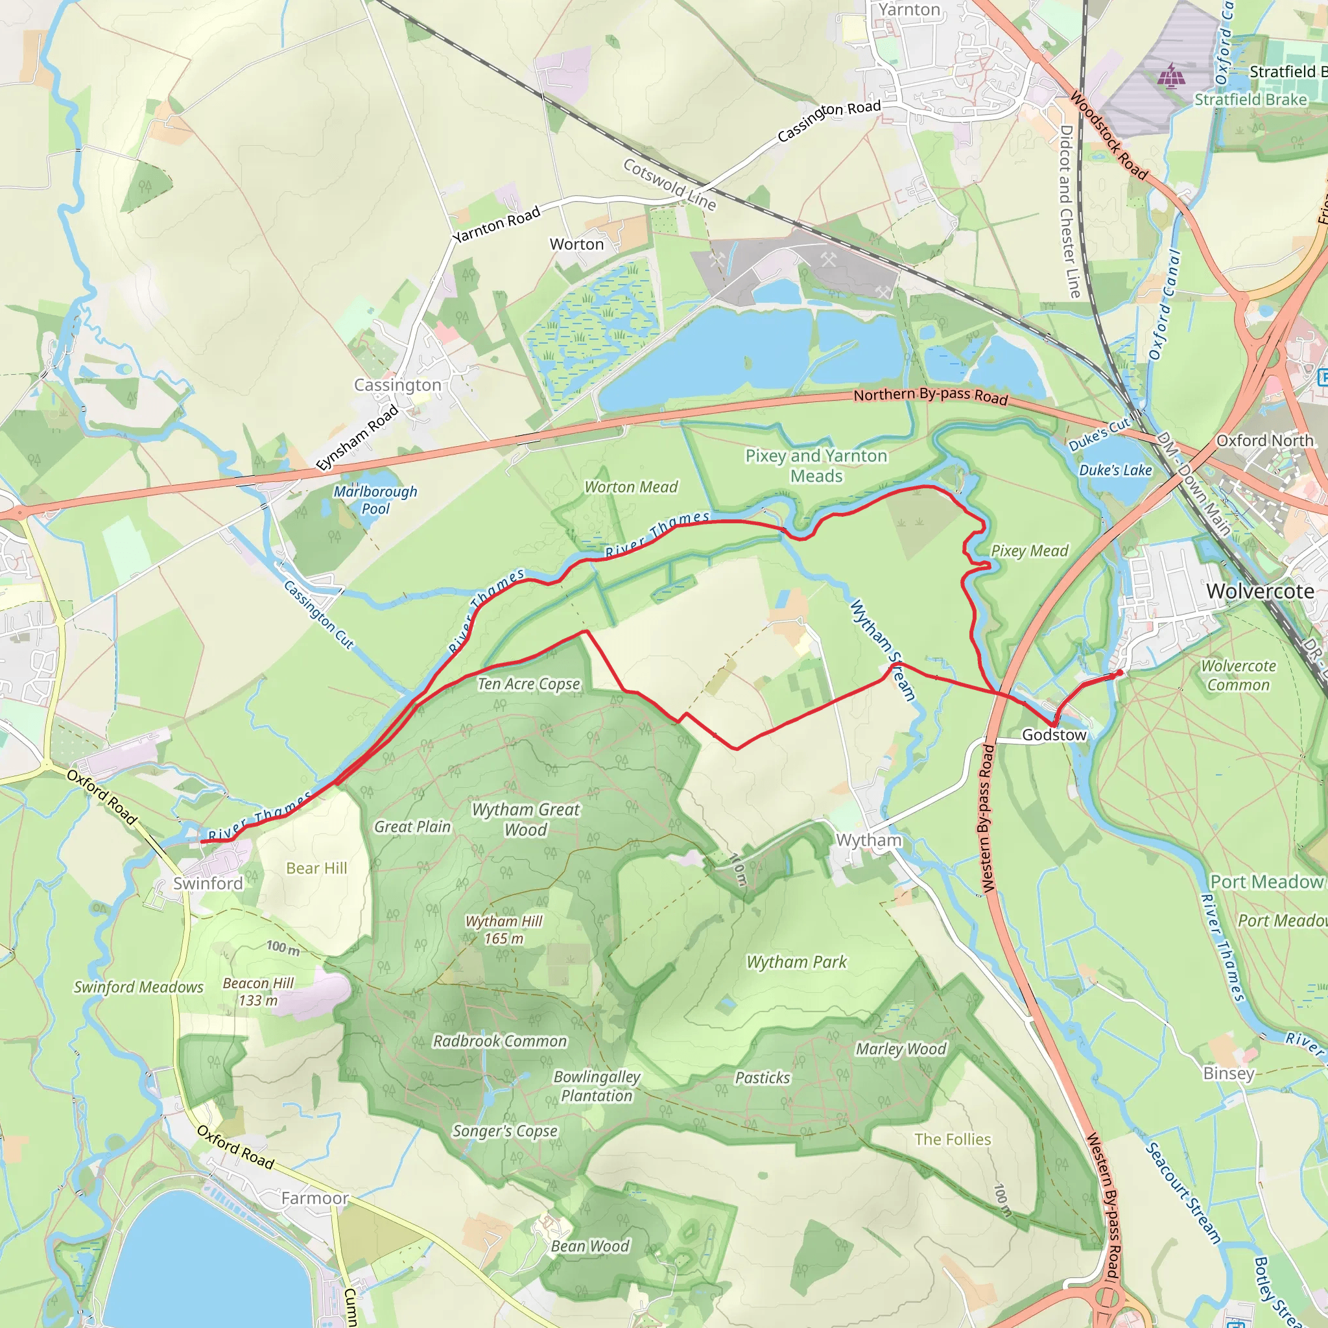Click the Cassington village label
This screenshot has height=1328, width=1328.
click(x=397, y=385)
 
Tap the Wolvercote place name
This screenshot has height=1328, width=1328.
click(x=1260, y=591)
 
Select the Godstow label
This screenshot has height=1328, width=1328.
click(x=1054, y=735)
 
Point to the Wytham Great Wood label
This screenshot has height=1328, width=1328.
click(x=526, y=820)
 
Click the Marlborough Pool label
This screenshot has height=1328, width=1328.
click(x=375, y=500)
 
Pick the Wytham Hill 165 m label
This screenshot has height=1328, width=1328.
click(x=504, y=929)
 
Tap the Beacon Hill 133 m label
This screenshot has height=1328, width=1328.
click(x=258, y=992)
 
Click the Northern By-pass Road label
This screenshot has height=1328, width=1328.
click(x=930, y=396)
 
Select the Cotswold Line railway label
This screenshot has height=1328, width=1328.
click(x=669, y=184)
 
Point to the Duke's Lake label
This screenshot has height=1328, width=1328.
click(x=1115, y=470)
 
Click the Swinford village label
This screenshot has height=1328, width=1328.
click(x=207, y=883)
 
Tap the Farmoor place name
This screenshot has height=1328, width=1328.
click(x=314, y=1198)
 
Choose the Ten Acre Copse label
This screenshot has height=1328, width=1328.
click(x=528, y=684)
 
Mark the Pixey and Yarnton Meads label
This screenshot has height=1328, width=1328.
click(x=816, y=466)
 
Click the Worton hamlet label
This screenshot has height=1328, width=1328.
click(x=576, y=244)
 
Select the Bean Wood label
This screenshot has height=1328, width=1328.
click(x=590, y=1246)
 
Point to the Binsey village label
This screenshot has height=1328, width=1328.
click(x=1228, y=1073)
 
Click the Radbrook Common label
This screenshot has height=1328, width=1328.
click(x=500, y=1041)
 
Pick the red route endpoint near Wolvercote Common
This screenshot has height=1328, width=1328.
click(x=1120, y=673)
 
